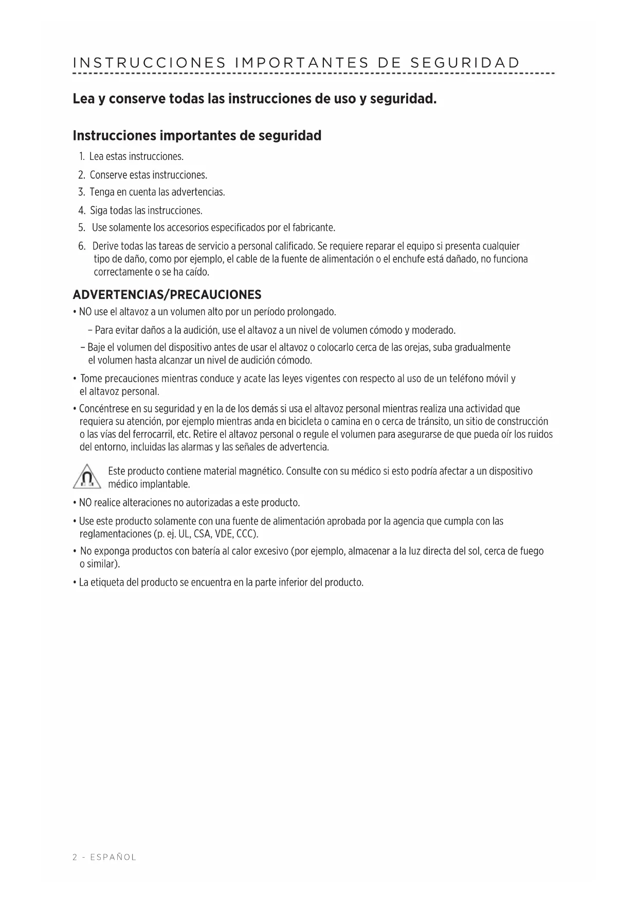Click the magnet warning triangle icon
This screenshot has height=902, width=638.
pos(87,477)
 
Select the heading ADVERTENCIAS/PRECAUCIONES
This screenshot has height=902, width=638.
pos(167,295)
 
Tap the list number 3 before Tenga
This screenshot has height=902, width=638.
pos(81,192)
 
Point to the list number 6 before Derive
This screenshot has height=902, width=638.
pos(82,246)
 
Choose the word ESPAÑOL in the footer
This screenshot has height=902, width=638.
pos(113,857)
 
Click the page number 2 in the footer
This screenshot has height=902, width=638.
pos(75,857)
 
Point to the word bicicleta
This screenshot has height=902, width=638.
pos(302,422)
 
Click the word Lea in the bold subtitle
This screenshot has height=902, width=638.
pos(84,98)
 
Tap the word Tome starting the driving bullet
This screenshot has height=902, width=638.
pos(91,379)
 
